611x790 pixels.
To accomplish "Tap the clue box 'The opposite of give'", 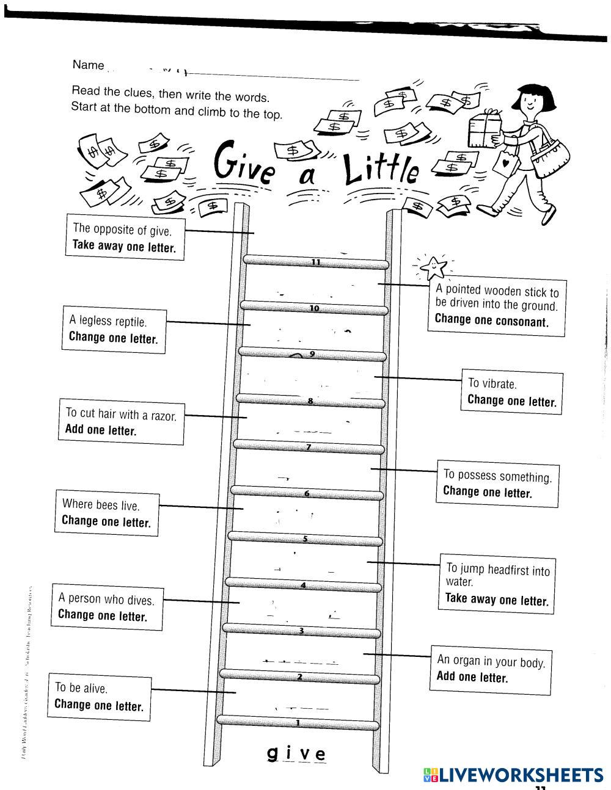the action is pyautogui.click(x=125, y=237).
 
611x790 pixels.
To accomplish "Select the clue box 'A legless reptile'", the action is pyautogui.click(x=114, y=328).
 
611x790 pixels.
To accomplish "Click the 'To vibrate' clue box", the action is pyautogui.click(x=511, y=392).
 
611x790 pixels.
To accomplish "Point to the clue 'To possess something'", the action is pyautogui.click(x=497, y=484).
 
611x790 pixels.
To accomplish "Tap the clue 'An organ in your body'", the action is pyautogui.click(x=491, y=669).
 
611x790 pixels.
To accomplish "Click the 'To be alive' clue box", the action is pyautogui.click(x=99, y=697).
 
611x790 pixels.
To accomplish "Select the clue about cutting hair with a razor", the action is pyautogui.click(x=121, y=422).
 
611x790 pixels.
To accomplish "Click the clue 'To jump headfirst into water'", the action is pyautogui.click(x=497, y=583).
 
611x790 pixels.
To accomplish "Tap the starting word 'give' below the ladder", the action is pyautogui.click(x=297, y=754).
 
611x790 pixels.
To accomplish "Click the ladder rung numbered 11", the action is pyautogui.click(x=316, y=263).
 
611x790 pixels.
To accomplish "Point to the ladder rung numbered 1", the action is pyautogui.click(x=298, y=723).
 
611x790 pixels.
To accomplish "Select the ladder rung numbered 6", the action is pyautogui.click(x=307, y=493).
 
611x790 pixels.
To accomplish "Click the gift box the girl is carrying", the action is pyautogui.click(x=485, y=128).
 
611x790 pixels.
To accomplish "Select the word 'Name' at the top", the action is pyautogui.click(x=88, y=65).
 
